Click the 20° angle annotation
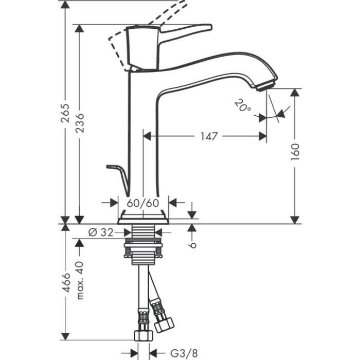(242, 106)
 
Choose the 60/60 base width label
(142, 203)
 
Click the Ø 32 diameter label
(101, 232)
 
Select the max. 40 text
(79, 280)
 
